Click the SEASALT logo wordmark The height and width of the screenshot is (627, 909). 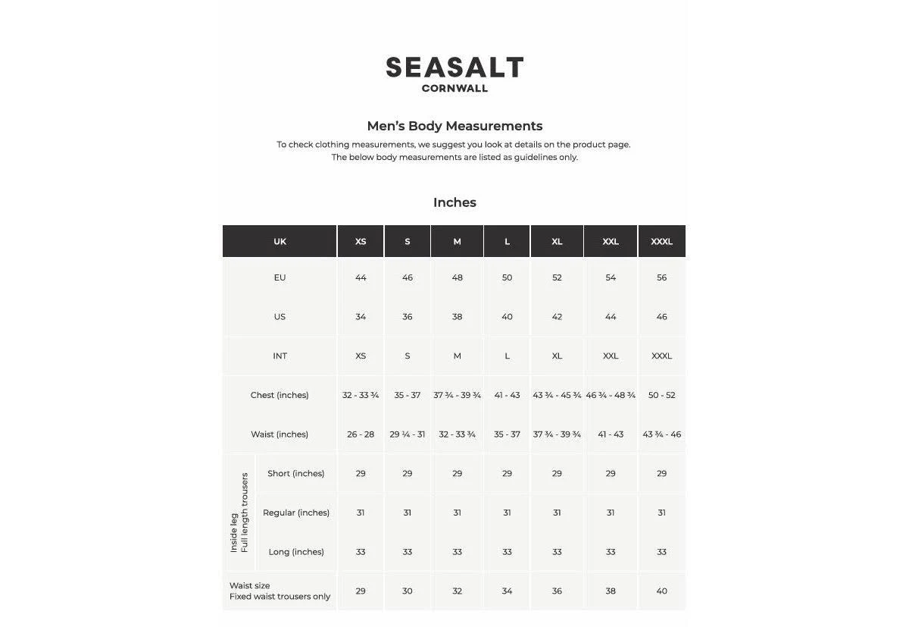[x=454, y=67]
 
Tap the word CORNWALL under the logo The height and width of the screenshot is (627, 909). [x=454, y=89]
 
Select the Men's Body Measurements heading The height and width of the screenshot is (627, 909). [x=454, y=126]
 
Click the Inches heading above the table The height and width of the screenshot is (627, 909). [x=454, y=202]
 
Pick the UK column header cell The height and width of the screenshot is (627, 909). [x=280, y=242]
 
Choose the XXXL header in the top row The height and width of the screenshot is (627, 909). [x=661, y=242]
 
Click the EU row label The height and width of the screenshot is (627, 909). [x=280, y=277]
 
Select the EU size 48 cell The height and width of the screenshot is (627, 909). [x=457, y=277]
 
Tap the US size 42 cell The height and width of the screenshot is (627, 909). [x=557, y=317]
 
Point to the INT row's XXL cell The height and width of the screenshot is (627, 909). [x=611, y=356]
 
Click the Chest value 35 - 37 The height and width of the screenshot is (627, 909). [x=407, y=395]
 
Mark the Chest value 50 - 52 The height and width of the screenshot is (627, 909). [x=661, y=395]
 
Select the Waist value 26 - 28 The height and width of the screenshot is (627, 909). [x=361, y=434]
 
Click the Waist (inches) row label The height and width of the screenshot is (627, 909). [x=280, y=434]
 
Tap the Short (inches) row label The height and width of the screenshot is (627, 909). [x=295, y=474]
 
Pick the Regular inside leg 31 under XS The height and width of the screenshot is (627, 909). [x=361, y=513]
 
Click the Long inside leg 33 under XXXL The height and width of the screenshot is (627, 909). [x=661, y=552]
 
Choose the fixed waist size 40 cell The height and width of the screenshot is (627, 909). [x=661, y=591]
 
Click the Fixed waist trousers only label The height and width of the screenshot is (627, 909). [x=280, y=597]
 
